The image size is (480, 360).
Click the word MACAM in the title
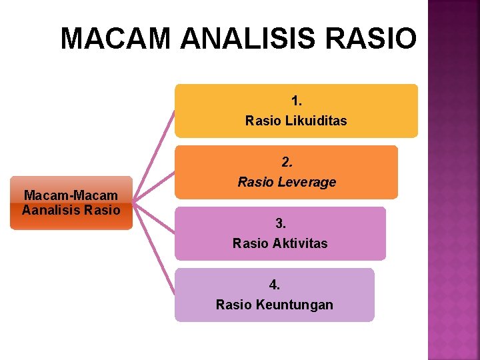117,39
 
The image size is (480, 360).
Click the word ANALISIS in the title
249,39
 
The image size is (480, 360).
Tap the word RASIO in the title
372,39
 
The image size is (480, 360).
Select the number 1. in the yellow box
297,101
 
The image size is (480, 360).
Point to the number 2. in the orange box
287,162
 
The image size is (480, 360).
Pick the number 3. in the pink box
281,223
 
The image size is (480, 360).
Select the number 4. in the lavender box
275,285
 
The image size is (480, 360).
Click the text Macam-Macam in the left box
71,196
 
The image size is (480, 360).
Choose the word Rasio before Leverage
254,182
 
